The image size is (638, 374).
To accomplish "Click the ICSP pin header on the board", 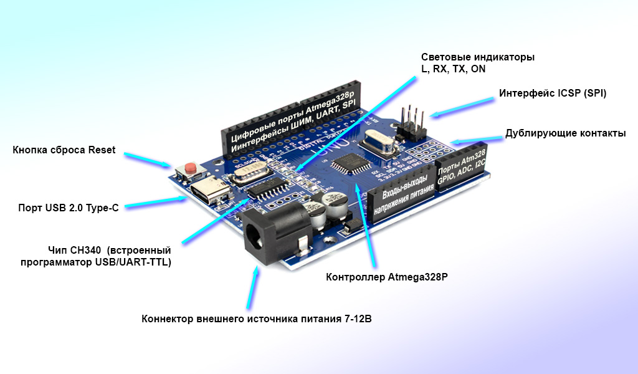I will (x=411, y=125).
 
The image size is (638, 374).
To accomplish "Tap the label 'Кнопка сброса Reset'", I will (x=64, y=150).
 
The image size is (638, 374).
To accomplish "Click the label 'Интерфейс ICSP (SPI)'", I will (x=553, y=93).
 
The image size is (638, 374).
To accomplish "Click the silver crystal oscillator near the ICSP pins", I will (x=380, y=144).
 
